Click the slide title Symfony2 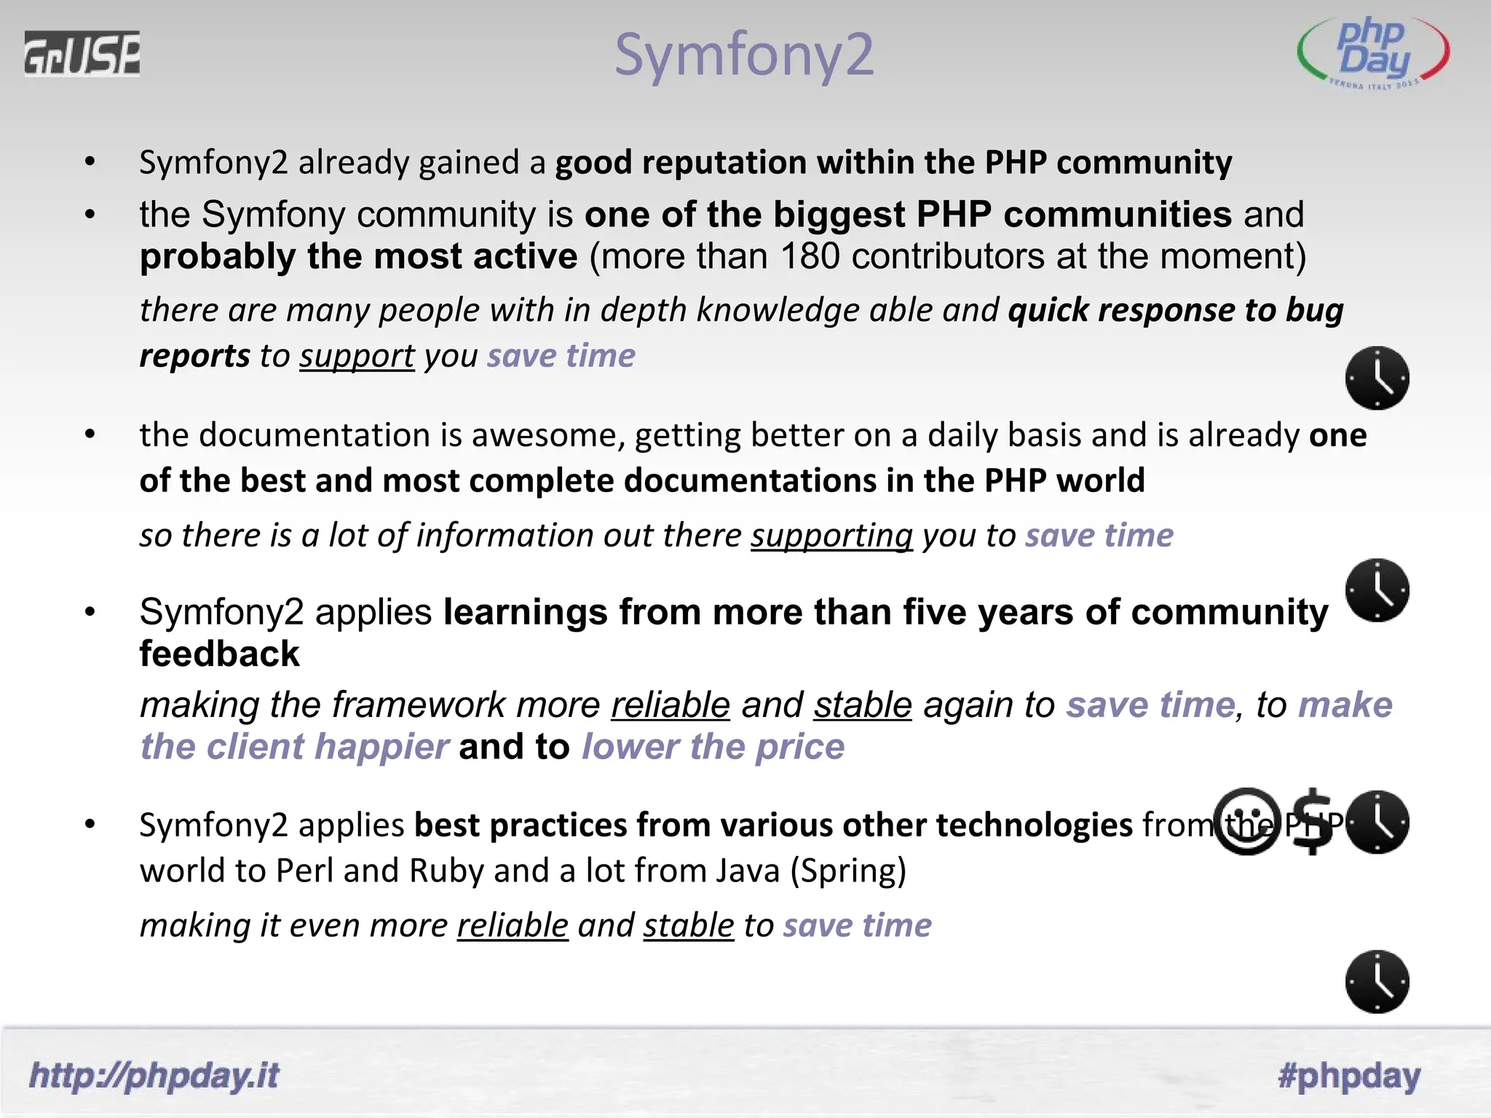point(743,55)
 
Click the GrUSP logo point(82,54)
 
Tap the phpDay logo point(1373,53)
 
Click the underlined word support point(357,357)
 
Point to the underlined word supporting point(831,536)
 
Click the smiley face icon point(1246,822)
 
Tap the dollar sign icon point(1313,822)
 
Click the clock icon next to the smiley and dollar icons point(1377,822)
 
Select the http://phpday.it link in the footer point(154,1076)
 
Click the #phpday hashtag point(1349,1076)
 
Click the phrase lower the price point(713,748)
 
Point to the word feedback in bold point(219,654)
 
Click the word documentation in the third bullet point(314,436)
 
